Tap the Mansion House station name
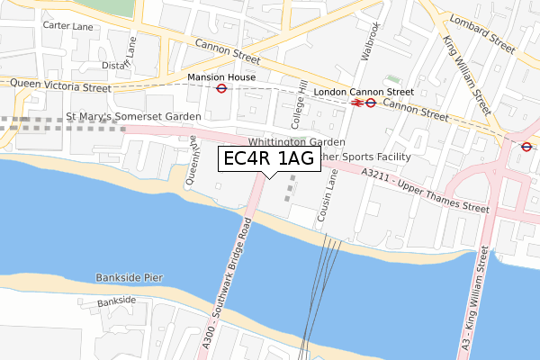point(221,77)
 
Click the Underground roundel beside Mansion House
point(221,89)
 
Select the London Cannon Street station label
point(364,92)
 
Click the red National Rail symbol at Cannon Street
point(356,103)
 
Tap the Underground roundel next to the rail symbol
point(371,103)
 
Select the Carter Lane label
point(68,27)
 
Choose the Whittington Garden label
point(296,142)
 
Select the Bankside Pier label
point(129,277)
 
